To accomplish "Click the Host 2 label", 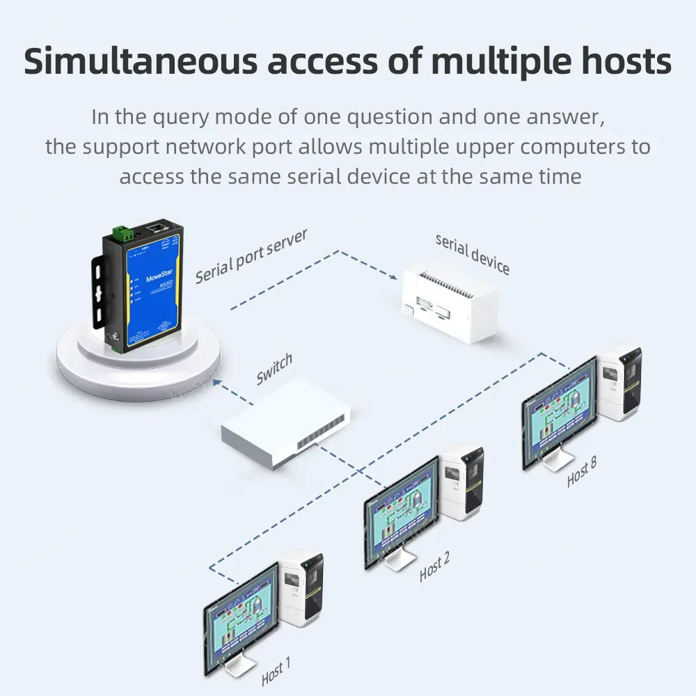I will pos(434,568).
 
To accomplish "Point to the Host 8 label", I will pos(582,472).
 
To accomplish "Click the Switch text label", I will pos(274,369).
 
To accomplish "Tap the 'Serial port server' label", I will pos(251,256).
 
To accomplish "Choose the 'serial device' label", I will pos(473,253).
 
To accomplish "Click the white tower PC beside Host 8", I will pos(620,382).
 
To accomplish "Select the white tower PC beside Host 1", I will pos(302,589).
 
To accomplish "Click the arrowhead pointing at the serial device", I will pos(394,276).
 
